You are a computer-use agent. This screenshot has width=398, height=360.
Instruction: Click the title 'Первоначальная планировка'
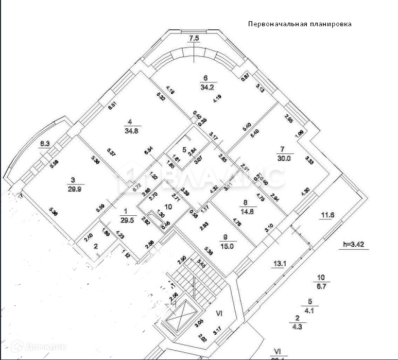[300, 24]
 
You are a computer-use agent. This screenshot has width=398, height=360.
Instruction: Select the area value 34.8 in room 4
[130, 131]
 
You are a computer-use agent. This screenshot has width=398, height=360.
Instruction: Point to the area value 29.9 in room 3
[74, 188]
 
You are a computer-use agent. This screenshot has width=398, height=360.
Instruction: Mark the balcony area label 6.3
[45, 145]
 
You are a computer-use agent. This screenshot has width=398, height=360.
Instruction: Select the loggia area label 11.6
[328, 215]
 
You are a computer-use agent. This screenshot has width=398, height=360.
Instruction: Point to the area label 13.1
[279, 264]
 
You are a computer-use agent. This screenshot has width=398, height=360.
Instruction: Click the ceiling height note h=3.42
[356, 245]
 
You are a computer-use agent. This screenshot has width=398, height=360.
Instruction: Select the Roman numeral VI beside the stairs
[218, 312]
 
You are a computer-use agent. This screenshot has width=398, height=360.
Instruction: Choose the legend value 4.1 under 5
[310, 311]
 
